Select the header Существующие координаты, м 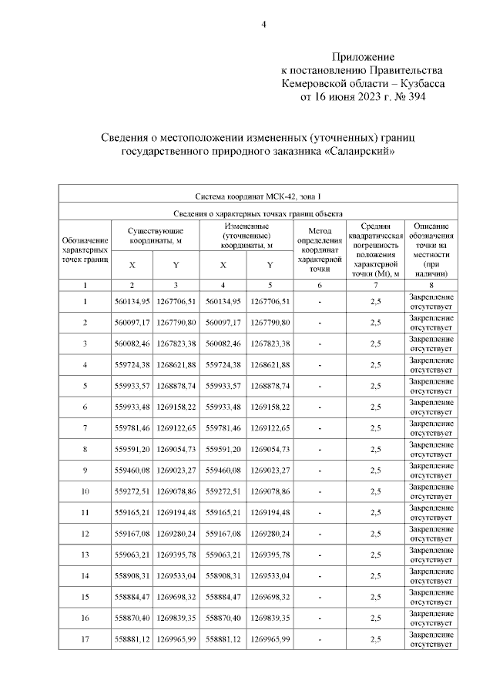click(x=155, y=236)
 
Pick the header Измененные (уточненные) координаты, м click(x=246, y=236)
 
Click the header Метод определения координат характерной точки click(x=319, y=250)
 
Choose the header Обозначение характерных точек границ click(x=84, y=250)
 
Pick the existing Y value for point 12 click(x=178, y=533)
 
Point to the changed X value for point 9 click(x=223, y=470)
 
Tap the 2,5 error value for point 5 click(x=376, y=385)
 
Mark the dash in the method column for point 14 click(x=319, y=575)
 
